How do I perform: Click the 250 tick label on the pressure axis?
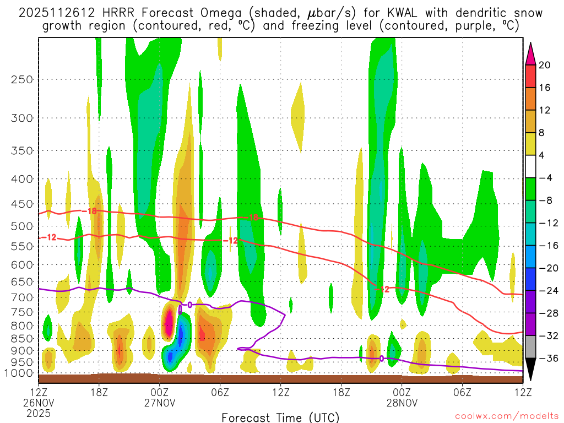click(x=22, y=79)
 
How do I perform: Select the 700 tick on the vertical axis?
click(x=22, y=297)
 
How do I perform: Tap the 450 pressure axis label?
click(x=22, y=204)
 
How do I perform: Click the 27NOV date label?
click(x=160, y=403)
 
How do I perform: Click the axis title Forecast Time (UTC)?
click(x=280, y=417)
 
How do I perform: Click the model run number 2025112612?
click(x=57, y=13)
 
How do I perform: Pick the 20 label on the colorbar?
click(x=544, y=65)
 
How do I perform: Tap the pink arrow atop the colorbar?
click(x=530, y=53)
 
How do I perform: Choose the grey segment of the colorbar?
click(x=530, y=347)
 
